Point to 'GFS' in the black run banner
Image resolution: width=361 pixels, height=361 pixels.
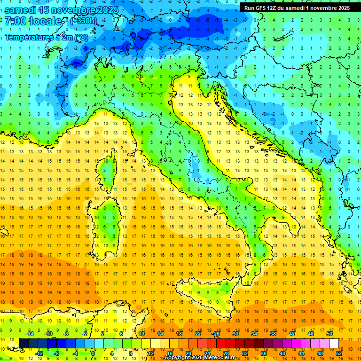pyautogui.click(x=261, y=8)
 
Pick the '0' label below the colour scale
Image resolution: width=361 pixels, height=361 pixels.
pyautogui.click(x=93, y=353)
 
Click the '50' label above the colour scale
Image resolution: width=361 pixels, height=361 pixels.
pyautogui.click(x=329, y=334)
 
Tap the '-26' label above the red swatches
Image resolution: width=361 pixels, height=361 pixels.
pyautogui.click(x=216, y=334)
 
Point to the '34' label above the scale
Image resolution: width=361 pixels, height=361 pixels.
pyautogui.click(x=254, y=334)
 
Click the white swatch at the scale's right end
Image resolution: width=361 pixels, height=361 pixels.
pyautogui.click(x=334, y=343)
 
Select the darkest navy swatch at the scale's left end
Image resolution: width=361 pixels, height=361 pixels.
pyautogui.click(x=24, y=343)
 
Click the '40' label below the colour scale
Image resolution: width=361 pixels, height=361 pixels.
pyautogui.click(x=283, y=353)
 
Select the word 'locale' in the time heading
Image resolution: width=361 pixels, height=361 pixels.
pyautogui.click(x=47, y=22)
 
